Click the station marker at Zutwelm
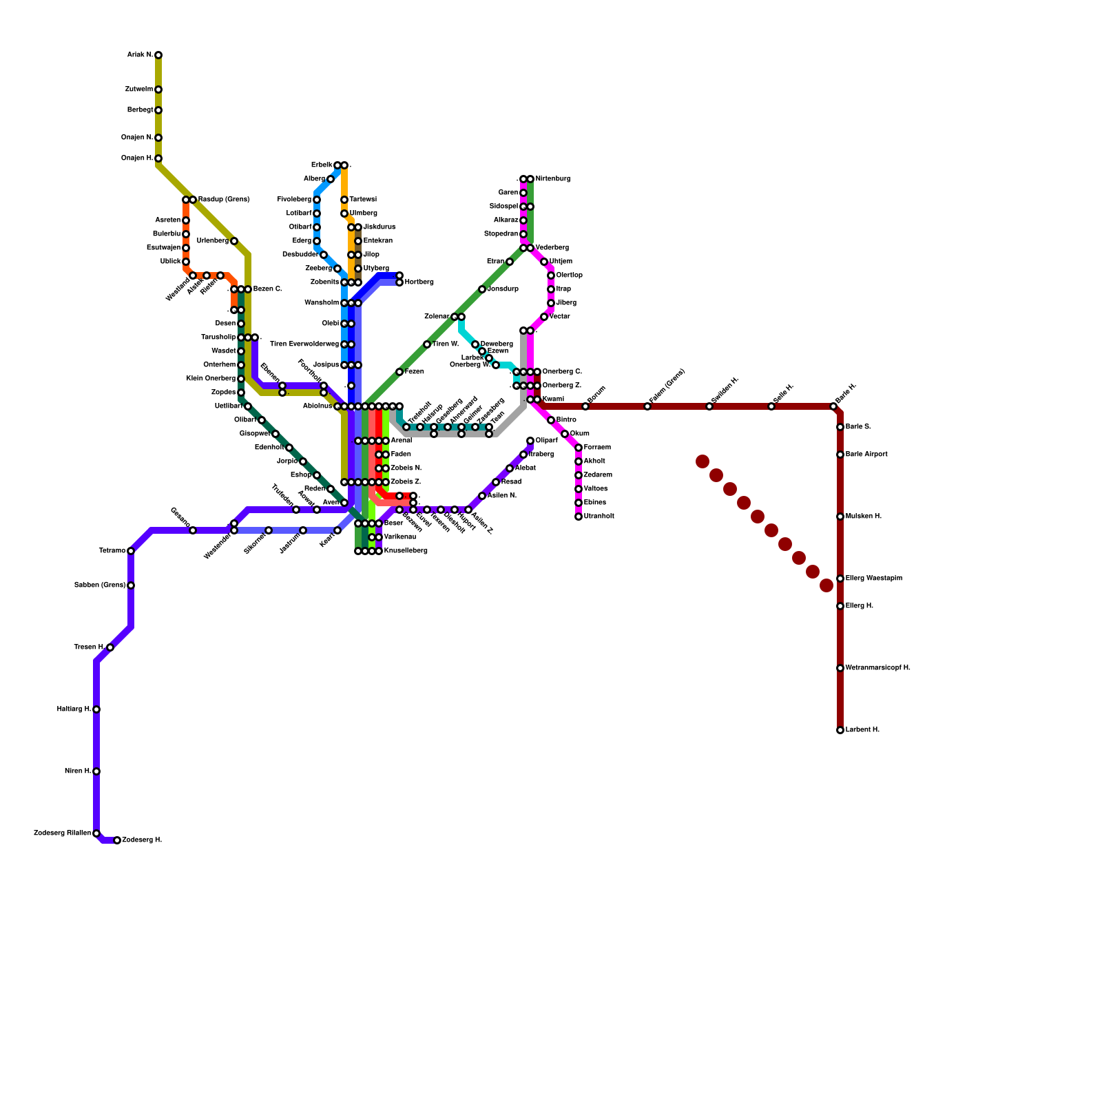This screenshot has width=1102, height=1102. (158, 90)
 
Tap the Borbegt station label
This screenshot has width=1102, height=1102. (140, 110)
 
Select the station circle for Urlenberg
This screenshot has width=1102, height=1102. (234, 241)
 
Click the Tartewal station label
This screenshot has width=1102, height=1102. (363, 200)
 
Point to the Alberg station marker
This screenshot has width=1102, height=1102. (331, 179)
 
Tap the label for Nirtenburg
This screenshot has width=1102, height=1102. (552, 179)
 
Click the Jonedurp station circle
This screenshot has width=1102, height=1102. (482, 289)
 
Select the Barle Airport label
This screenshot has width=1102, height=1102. (866, 455)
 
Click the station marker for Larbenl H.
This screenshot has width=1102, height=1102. (840, 730)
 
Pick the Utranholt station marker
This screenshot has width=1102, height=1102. (579, 517)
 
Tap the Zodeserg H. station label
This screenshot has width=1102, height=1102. (142, 840)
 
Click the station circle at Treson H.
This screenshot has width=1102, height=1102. (110, 647)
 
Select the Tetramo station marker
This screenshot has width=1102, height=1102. (131, 551)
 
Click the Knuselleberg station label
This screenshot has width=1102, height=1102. (406, 551)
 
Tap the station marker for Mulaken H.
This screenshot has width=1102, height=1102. (840, 517)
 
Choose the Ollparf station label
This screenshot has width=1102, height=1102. (546, 441)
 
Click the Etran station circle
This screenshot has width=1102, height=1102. (510, 262)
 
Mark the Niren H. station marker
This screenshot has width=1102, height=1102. (96, 771)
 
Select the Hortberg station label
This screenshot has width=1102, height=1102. (419, 282)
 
